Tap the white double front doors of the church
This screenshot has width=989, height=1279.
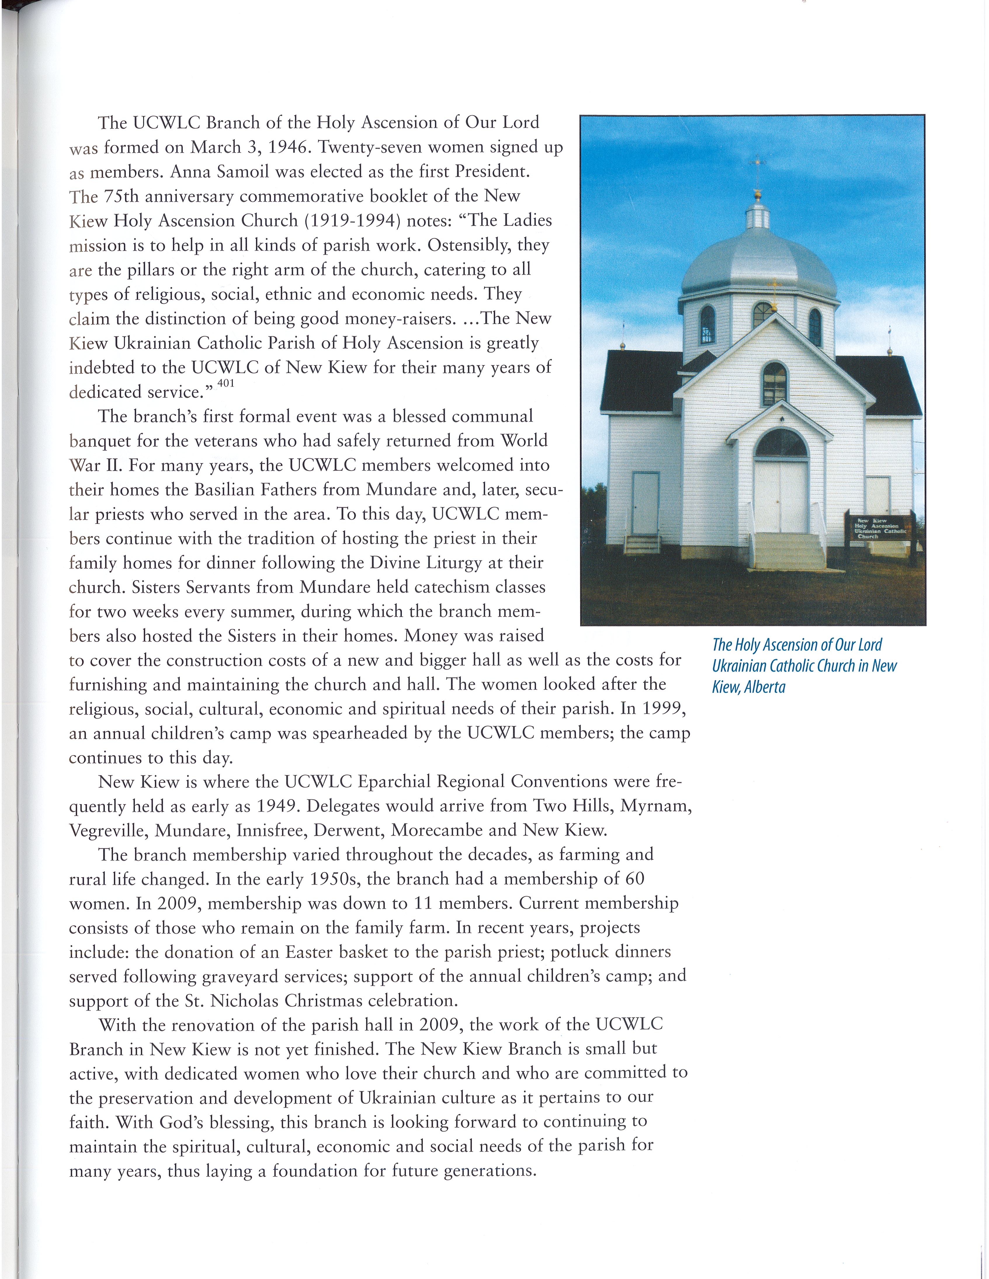780,497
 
